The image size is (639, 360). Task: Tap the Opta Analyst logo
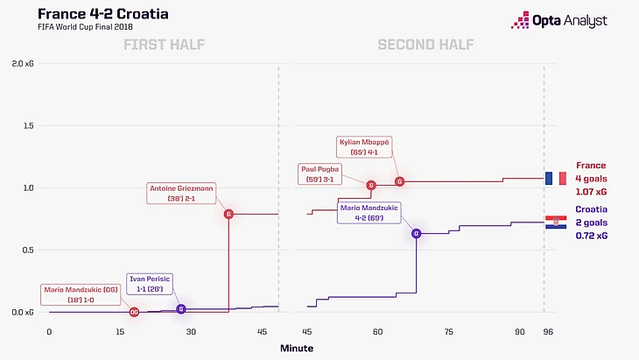(569, 20)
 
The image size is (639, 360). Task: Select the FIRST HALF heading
(164, 46)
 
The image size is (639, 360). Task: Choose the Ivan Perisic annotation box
(149, 283)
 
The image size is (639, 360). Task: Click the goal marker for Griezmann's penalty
(228, 214)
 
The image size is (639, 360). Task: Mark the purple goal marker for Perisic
(181, 309)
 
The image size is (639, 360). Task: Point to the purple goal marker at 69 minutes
(416, 233)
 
